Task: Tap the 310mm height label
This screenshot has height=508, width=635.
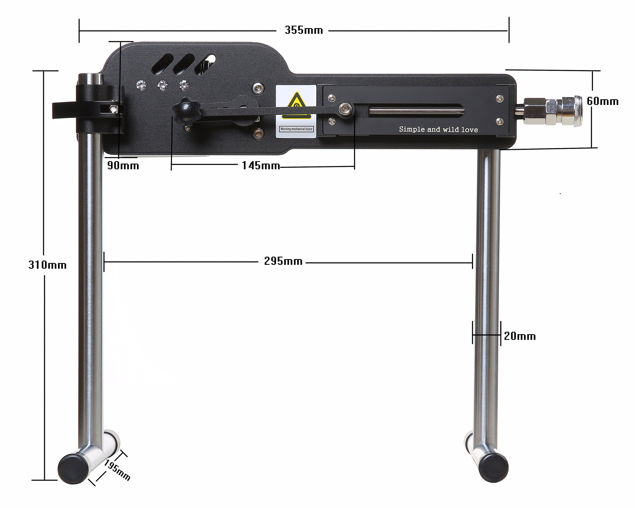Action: pos(47,265)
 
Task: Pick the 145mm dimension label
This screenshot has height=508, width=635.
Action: pos(261,166)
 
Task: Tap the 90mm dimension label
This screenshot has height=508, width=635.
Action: pos(123,166)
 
